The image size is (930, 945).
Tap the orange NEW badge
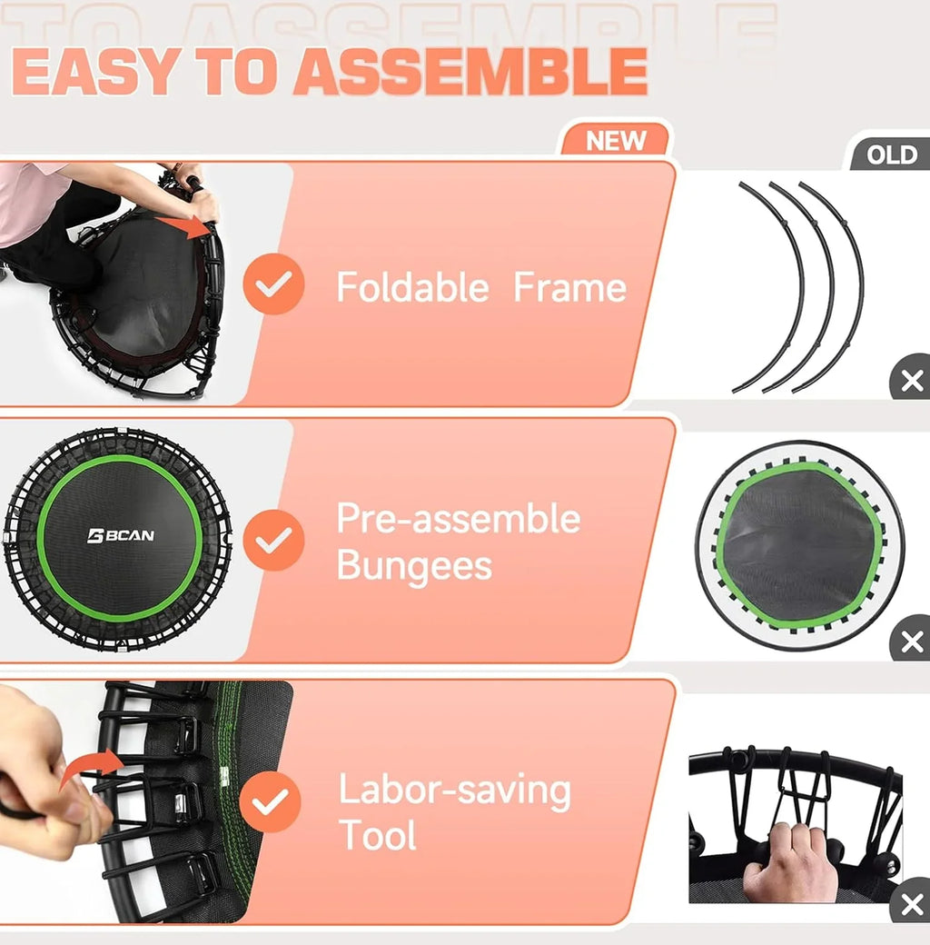click(x=616, y=141)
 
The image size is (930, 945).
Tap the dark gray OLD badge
click(x=891, y=154)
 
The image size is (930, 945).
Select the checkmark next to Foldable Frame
click(x=272, y=284)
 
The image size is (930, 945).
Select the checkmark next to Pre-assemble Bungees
click(x=272, y=540)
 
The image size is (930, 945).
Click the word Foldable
click(x=412, y=288)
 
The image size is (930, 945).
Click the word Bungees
click(x=414, y=565)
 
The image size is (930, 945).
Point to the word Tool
click(x=377, y=835)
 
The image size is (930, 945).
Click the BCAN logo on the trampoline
click(x=120, y=535)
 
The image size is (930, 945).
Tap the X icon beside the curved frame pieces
click(x=910, y=381)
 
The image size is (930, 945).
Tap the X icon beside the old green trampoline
click(x=910, y=642)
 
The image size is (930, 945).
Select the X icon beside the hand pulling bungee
click(x=910, y=905)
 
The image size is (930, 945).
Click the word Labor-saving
click(x=454, y=791)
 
